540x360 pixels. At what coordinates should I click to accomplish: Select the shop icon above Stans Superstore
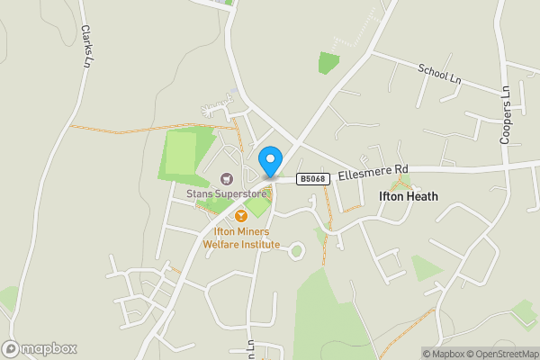click(226, 178)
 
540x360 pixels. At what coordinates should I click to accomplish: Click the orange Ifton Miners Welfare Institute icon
click(240, 216)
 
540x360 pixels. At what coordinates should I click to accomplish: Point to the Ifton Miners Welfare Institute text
click(240, 238)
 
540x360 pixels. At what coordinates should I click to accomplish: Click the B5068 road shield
click(312, 179)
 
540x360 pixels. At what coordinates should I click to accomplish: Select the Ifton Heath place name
click(408, 195)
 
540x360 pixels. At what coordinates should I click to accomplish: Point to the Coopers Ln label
click(506, 115)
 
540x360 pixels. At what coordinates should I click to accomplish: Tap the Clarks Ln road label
click(86, 45)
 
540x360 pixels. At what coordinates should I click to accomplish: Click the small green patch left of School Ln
click(328, 62)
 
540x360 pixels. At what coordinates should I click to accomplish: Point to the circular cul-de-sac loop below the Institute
click(295, 252)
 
